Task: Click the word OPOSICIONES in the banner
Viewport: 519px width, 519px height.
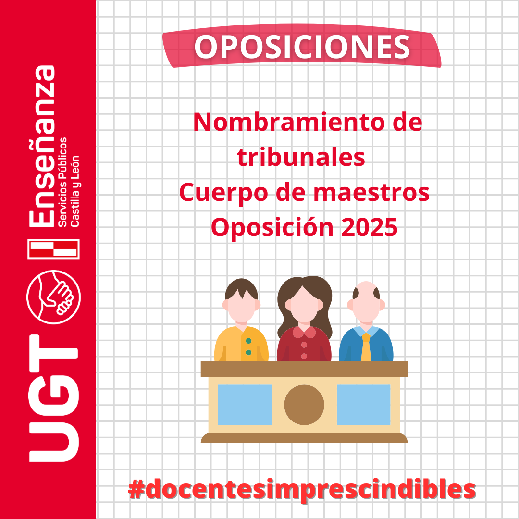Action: [302, 47]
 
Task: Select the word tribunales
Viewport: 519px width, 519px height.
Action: [301, 157]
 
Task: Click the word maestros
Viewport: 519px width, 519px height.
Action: [371, 193]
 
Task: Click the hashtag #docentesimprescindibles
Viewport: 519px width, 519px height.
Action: [302, 490]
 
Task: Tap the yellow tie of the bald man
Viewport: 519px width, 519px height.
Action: [366, 347]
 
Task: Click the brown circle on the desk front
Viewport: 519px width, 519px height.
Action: [304, 405]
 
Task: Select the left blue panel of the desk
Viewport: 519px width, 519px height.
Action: [245, 405]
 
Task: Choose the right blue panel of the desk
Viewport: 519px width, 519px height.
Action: [363, 405]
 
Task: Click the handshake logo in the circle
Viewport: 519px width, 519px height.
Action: [54, 297]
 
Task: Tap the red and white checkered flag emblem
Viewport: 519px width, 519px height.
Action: [54, 249]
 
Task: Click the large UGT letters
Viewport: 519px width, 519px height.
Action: [54, 398]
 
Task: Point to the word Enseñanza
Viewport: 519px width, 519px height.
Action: [42, 146]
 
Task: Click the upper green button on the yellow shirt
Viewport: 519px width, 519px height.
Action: [248, 341]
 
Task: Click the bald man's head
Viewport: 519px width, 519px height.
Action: [366, 301]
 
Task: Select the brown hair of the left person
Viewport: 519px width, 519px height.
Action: [241, 289]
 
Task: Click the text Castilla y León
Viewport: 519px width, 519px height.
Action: [75, 191]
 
